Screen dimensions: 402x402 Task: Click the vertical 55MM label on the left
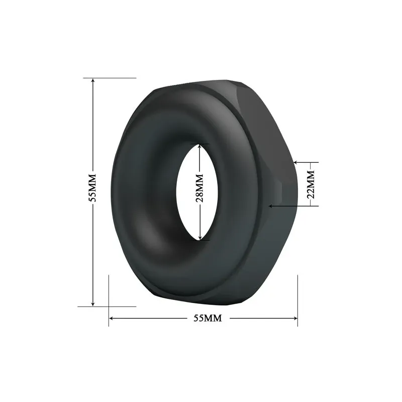[92, 188]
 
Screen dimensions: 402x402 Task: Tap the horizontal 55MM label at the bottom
[208, 318]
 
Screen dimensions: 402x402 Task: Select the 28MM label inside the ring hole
[199, 188]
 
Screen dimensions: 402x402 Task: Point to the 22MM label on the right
[311, 184]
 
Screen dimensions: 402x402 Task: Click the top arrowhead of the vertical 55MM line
[93, 80]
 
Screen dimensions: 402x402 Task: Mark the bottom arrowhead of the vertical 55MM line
[93, 304]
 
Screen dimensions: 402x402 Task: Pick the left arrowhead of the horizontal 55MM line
[112, 319]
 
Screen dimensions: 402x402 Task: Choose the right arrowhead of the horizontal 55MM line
[295, 319]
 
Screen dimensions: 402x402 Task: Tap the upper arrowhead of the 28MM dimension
[200, 146]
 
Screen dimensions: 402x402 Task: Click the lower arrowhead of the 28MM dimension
[200, 238]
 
